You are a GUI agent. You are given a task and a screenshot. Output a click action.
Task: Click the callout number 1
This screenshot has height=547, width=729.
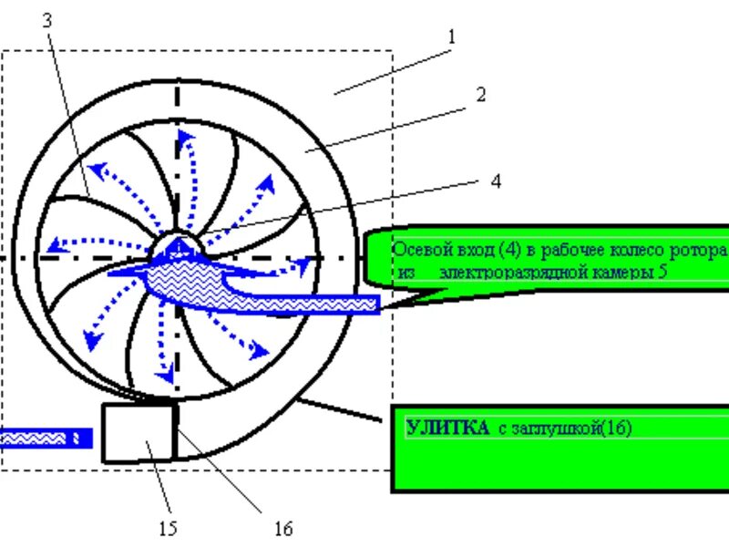pos(450,37)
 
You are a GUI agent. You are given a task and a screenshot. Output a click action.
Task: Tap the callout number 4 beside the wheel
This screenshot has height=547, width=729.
pos(495,181)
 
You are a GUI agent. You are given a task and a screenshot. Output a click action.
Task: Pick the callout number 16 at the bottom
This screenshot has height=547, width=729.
pos(282,528)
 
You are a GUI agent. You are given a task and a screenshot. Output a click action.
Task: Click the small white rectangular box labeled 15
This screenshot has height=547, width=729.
pos(139,433)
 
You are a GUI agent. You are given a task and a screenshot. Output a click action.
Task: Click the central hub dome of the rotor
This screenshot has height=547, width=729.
pos(180,247)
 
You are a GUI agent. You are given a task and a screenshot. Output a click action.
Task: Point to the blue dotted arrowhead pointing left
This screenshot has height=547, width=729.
pos(56,244)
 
